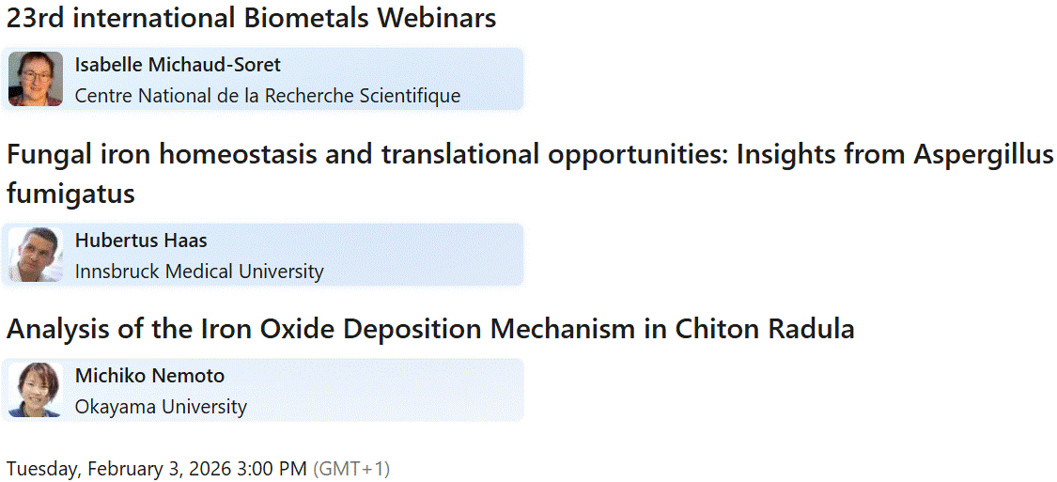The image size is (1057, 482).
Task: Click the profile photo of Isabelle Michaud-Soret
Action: [x=36, y=79]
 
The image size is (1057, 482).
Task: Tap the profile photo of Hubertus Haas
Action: [x=36, y=255]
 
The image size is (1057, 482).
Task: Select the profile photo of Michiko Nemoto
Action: [x=36, y=390]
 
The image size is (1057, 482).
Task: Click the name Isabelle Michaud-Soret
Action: [x=178, y=65]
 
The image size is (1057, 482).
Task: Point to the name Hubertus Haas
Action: [x=141, y=241]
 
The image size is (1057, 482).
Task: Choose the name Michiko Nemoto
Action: [x=149, y=376]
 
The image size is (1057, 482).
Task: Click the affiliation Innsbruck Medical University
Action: [x=199, y=272]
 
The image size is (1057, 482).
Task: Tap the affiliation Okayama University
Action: [x=161, y=407]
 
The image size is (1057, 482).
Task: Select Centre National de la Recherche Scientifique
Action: [x=268, y=96]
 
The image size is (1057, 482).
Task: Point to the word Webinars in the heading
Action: [x=436, y=17]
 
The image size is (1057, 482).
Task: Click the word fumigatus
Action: [x=70, y=194]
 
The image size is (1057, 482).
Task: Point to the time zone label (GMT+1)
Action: [x=351, y=468]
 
